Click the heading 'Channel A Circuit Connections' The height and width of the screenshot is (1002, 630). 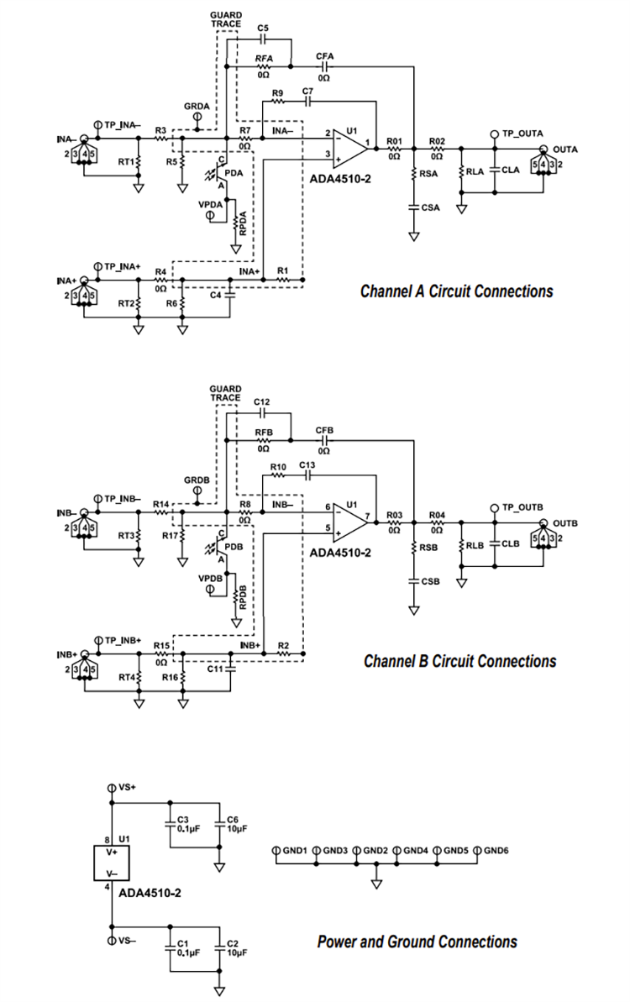click(x=456, y=291)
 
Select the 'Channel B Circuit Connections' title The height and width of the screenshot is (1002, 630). click(x=459, y=661)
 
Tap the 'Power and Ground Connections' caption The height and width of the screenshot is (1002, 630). click(x=417, y=942)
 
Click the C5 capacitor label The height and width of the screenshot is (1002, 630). click(x=263, y=29)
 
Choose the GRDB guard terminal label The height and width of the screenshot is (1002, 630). click(x=197, y=480)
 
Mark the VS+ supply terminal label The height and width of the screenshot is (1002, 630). click(x=128, y=788)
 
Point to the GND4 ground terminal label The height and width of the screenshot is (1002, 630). click(x=416, y=851)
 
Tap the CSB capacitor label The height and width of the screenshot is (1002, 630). click(x=430, y=580)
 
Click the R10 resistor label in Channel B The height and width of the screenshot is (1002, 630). click(x=279, y=466)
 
